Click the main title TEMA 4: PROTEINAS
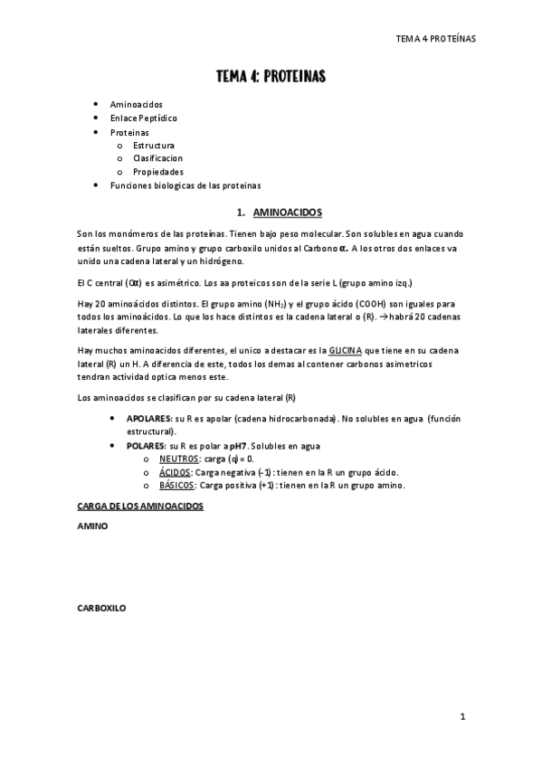[x=271, y=77]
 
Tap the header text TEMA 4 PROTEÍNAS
[x=436, y=39]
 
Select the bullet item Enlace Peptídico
[x=143, y=118]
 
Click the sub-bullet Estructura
[x=154, y=145]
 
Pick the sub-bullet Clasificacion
[x=157, y=158]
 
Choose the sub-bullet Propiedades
[x=158, y=172]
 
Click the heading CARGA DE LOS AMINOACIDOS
[x=139, y=507]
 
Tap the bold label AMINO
[x=93, y=526]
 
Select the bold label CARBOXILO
[x=101, y=609]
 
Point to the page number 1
[x=462, y=717]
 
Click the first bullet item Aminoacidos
[x=136, y=105]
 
